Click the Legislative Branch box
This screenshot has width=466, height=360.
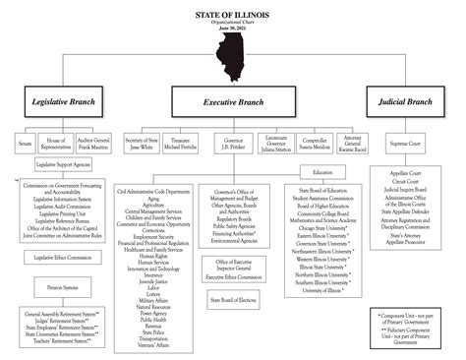[x=63, y=100]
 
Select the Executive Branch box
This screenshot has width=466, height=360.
[x=232, y=100]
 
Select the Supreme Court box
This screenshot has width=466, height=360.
[x=407, y=145]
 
